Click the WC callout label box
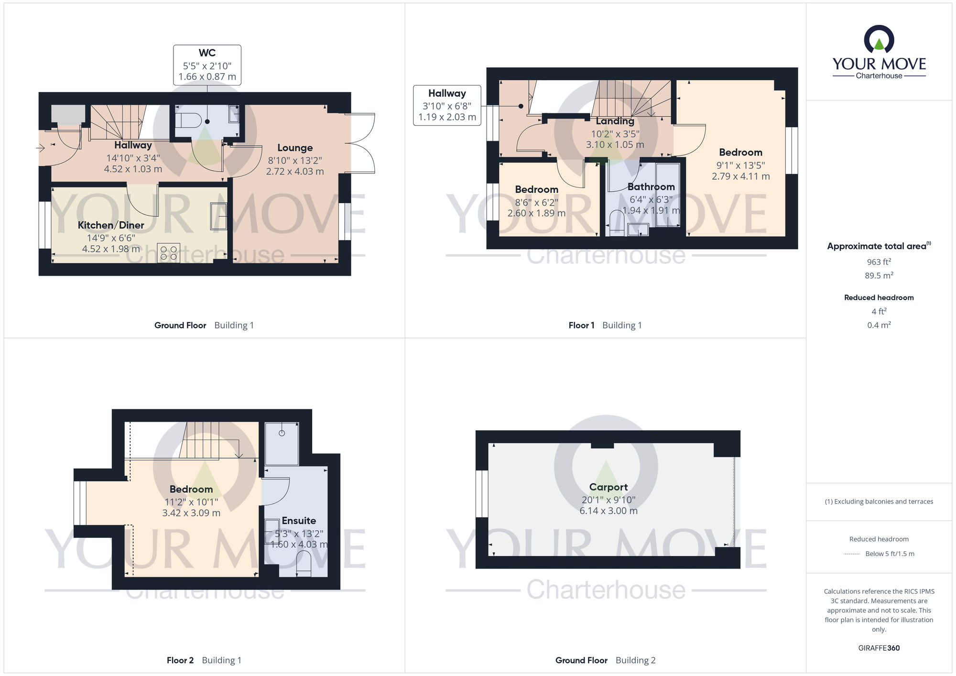(207, 65)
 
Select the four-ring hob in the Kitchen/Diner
(168, 253)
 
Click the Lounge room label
(295, 148)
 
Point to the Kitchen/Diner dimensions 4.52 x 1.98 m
(111, 249)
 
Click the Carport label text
(608, 487)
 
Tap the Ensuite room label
(299, 521)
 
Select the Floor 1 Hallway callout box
(447, 105)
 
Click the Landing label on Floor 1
(615, 121)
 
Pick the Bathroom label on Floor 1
(651, 187)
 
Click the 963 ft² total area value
(879, 262)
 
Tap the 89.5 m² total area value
(879, 275)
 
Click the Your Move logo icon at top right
(879, 39)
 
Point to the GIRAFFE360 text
(879, 648)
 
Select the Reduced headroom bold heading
(879, 297)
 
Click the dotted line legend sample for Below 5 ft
(852, 554)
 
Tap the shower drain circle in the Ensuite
(282, 433)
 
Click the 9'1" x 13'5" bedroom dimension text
(740, 165)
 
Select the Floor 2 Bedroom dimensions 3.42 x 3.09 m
(191, 513)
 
